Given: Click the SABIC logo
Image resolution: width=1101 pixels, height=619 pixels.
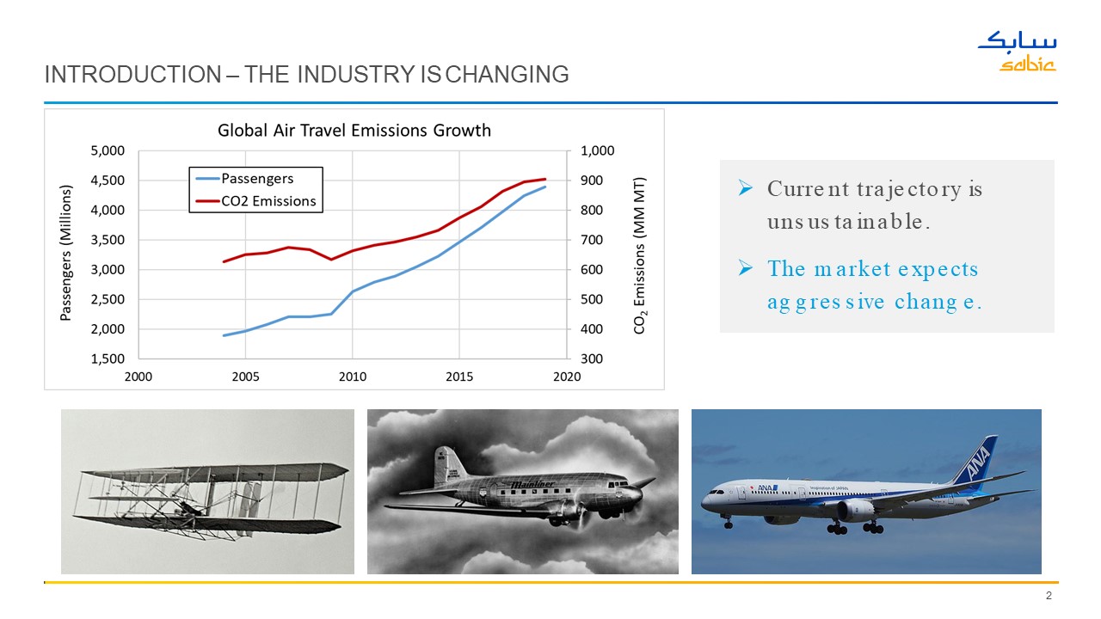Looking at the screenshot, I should [x=1017, y=52].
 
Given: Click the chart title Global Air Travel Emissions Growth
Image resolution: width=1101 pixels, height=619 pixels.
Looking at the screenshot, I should [x=354, y=131].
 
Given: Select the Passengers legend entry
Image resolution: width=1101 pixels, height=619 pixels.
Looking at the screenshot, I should [x=257, y=179].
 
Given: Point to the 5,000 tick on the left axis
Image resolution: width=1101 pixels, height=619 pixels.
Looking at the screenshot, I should [x=108, y=151].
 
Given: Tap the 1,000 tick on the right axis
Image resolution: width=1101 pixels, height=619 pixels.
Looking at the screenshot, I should [x=598, y=151].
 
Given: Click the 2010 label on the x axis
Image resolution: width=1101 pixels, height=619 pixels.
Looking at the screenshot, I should [x=353, y=377].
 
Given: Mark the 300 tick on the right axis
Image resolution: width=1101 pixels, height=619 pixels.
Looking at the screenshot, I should [x=591, y=359].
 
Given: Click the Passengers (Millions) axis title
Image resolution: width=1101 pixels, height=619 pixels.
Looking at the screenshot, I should [x=65, y=254].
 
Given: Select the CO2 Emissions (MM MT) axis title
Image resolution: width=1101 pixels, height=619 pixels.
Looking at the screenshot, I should [x=639, y=255].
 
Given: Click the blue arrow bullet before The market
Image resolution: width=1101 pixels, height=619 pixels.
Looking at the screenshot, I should [x=746, y=269].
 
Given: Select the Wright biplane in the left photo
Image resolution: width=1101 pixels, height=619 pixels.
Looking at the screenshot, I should [x=211, y=499].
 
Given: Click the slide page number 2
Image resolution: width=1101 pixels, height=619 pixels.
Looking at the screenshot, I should [x=1049, y=597].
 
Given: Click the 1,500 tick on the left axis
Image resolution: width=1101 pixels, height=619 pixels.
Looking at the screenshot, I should [x=108, y=359].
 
